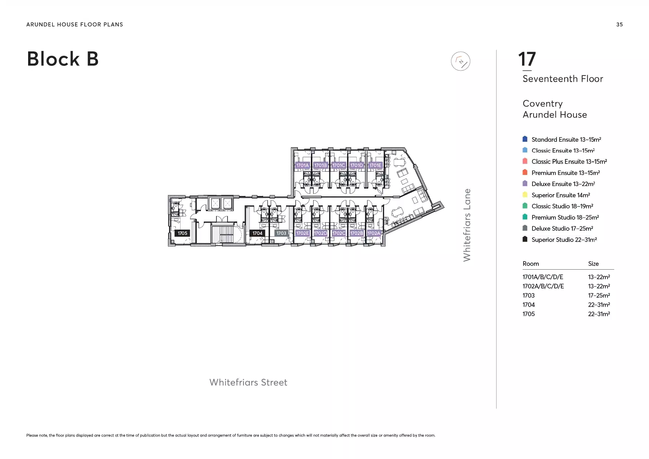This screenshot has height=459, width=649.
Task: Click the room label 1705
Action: tap(182, 233)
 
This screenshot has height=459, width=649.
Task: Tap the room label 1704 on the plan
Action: tap(257, 233)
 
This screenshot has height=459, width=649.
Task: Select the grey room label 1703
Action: tap(281, 233)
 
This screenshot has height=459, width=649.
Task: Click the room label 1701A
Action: tap(302, 165)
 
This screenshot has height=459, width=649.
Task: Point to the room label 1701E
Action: tap(375, 165)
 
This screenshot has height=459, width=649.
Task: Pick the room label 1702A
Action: tap(374, 233)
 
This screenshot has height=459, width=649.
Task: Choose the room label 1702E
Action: tap(302, 233)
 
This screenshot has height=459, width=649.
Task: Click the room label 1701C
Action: tap(339, 165)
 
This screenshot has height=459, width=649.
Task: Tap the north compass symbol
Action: tap(461, 61)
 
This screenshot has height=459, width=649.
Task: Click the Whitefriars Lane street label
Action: tap(467, 225)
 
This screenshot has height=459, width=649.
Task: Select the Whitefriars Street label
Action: tap(248, 382)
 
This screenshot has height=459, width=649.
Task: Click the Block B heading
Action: tap(63, 59)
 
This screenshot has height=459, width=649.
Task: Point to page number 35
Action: tap(619, 24)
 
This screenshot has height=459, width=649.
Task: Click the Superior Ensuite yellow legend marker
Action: tap(525, 195)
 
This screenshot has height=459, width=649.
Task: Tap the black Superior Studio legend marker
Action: tap(525, 239)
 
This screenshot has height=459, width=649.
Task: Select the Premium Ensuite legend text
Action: tap(566, 173)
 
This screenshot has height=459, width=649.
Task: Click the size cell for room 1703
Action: tap(599, 296)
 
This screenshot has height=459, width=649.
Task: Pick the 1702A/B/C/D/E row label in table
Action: tap(543, 286)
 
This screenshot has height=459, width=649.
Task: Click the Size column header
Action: tap(593, 264)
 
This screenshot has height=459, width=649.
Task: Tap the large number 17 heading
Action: tap(527, 59)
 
